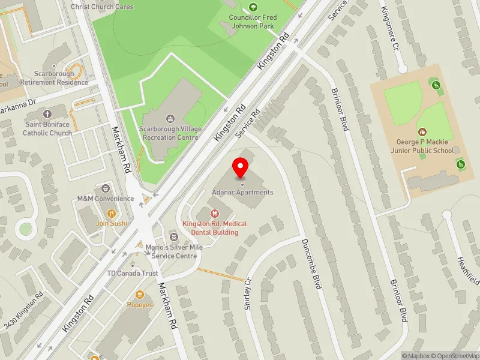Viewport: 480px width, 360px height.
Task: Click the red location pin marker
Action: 241,167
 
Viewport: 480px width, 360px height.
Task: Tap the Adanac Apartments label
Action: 242,193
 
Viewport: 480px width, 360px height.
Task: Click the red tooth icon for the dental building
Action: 214,213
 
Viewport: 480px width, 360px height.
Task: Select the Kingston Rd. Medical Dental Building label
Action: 214,228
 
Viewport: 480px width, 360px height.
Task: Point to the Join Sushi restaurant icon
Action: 111,212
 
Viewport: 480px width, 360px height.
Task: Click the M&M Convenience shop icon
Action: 106,188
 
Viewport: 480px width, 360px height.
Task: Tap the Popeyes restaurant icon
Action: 140,295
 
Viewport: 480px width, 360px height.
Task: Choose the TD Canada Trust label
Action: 132,274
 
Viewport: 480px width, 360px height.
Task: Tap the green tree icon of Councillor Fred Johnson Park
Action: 253,7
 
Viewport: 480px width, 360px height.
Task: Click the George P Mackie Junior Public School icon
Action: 422,131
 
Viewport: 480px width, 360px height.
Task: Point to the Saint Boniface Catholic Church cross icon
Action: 47,113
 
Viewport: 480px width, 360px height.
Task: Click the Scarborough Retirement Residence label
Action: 54,78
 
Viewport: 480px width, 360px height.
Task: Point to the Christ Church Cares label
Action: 102,7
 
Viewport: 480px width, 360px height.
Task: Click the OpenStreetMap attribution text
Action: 452,356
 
